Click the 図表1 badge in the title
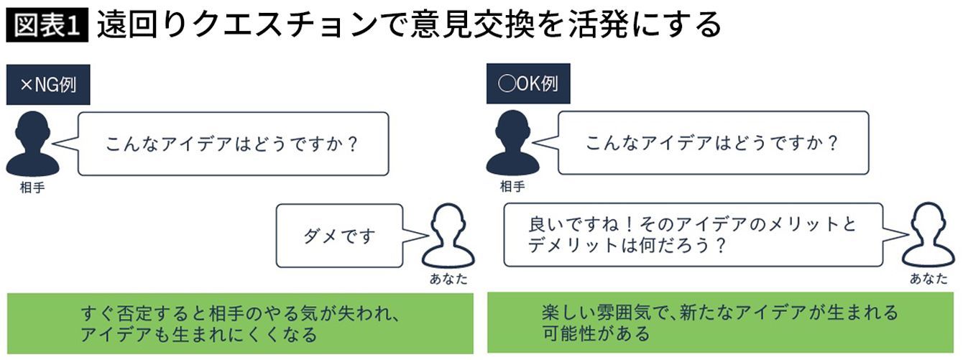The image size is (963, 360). click(47, 25)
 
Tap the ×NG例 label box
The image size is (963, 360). click(48, 85)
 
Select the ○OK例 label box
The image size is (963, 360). click(528, 85)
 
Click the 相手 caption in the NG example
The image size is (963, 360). click(31, 187)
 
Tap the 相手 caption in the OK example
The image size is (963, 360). click(512, 187)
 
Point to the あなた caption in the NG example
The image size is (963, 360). click(448, 280)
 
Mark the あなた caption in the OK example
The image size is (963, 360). click(929, 280)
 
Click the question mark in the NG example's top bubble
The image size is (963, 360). click(351, 143)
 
